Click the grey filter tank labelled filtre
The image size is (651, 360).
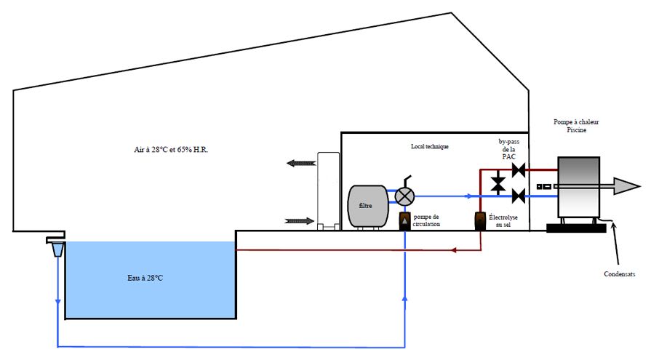[x=368, y=207]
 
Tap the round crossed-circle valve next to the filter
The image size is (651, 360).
[x=404, y=196]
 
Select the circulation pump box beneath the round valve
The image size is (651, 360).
[x=405, y=221]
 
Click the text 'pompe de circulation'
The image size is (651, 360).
[x=426, y=220]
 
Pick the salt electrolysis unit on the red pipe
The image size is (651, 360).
[x=480, y=221]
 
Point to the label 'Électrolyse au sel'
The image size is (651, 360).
[x=503, y=221]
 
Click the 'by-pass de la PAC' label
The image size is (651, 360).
[x=508, y=149]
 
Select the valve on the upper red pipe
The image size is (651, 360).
[x=519, y=170]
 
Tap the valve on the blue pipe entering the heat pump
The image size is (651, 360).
[x=519, y=196]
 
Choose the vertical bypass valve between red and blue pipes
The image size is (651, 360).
[x=498, y=183]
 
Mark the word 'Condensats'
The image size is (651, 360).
[x=620, y=274]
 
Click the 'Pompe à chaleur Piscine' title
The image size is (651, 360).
[x=576, y=126]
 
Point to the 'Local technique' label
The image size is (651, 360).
[x=430, y=147]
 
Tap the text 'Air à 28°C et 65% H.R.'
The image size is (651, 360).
[x=171, y=150]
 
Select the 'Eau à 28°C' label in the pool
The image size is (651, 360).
[x=145, y=279]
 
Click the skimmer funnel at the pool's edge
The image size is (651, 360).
[x=57, y=249]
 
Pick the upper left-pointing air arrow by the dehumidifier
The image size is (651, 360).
[x=301, y=163]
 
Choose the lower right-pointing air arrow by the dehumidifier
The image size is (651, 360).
[x=299, y=221]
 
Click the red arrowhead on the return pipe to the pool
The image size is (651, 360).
[x=454, y=250]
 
